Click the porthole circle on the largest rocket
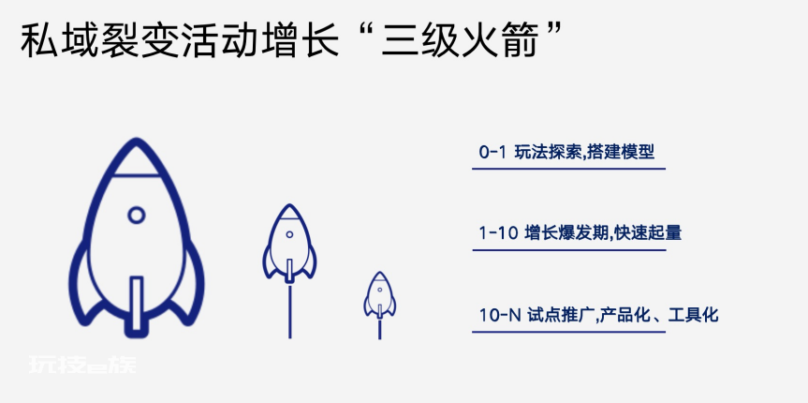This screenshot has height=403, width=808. pyautogui.click(x=136, y=216)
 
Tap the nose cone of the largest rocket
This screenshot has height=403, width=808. pyautogui.click(x=136, y=157)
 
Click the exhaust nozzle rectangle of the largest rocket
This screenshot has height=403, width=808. pyautogui.click(x=136, y=304)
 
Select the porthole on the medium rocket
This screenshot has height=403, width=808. pyautogui.click(x=289, y=234)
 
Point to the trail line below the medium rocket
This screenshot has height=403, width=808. pyautogui.click(x=289, y=311)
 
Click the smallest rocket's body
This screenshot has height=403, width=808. pyautogui.click(x=380, y=294)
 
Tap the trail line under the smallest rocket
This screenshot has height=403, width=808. pyautogui.click(x=380, y=328)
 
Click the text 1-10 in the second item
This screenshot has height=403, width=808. pyautogui.click(x=498, y=233)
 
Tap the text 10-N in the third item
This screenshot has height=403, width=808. pyautogui.click(x=501, y=315)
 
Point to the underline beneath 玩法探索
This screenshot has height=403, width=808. pyautogui.click(x=568, y=168)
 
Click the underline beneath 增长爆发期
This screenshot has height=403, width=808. pyautogui.click(x=568, y=249)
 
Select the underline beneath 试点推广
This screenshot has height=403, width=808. pyautogui.click(x=568, y=331)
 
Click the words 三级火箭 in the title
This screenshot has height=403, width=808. pyautogui.click(x=459, y=40)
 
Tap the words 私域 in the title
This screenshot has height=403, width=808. pyautogui.click(x=60, y=40)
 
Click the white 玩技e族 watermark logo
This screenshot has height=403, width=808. pyautogui.click(x=82, y=365)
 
